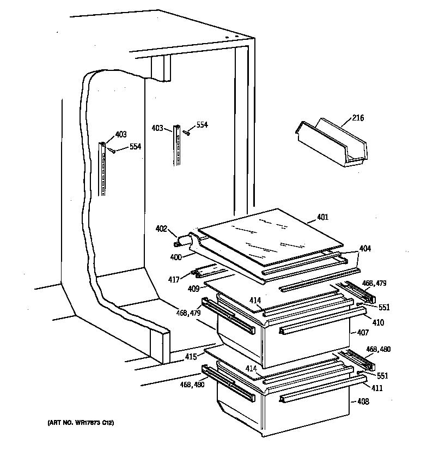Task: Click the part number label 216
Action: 358,118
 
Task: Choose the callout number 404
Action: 365,248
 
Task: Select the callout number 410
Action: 378,322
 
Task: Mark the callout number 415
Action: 190,357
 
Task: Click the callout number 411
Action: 377,388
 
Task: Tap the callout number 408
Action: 364,402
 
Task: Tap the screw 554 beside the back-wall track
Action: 187,131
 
